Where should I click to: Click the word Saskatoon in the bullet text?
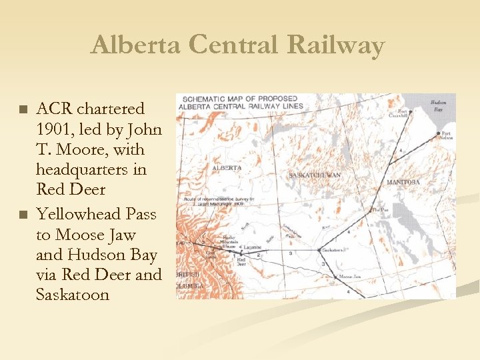pyautogui.click(x=73, y=295)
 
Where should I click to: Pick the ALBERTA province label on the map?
pyautogui.click(x=227, y=168)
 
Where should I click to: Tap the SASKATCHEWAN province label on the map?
pyautogui.click(x=315, y=175)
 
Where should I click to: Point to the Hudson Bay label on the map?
pyautogui.click(x=439, y=105)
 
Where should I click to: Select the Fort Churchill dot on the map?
pyautogui.click(x=410, y=111)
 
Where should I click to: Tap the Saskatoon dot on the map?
pyautogui.click(x=319, y=251)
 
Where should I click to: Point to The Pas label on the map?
pyautogui.click(x=379, y=210)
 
